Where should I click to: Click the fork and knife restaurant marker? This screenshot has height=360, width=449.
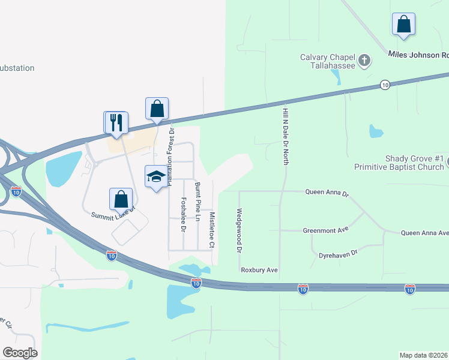tap(116, 122)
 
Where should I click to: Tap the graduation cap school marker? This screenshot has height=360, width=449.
tap(156, 176)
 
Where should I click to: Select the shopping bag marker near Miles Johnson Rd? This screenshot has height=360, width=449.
tap(404, 25)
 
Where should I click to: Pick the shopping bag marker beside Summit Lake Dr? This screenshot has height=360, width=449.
tap(121, 199)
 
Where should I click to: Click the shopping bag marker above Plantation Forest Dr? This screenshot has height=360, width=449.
tap(157, 109)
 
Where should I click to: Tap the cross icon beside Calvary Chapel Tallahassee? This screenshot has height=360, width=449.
tap(364, 60)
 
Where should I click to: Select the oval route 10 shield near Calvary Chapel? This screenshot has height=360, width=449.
tap(385, 86)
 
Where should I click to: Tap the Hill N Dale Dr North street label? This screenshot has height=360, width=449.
tap(286, 133)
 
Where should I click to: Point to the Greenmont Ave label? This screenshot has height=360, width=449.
tap(326, 229)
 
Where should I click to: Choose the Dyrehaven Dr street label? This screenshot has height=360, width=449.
tap(338, 254)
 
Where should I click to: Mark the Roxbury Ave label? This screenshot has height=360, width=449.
tap(259, 270)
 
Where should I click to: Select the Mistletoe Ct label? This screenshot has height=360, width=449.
tap(211, 229)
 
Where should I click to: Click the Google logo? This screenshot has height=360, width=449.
tap(20, 352)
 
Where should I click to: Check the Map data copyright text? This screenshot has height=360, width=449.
tap(424, 355)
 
